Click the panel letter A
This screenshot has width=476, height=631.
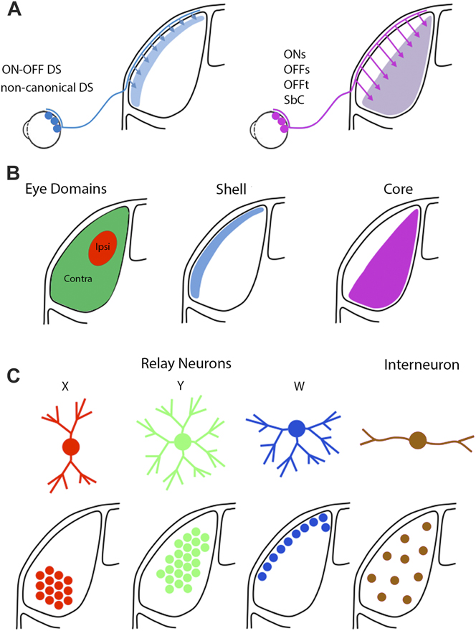14,12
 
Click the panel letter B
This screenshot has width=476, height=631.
14,173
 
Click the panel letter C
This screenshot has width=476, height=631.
14,375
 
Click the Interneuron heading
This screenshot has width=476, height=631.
420,365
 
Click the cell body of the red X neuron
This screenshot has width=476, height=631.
70,446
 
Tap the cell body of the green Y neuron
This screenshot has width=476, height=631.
181,441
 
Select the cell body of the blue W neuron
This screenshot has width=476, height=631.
295,429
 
